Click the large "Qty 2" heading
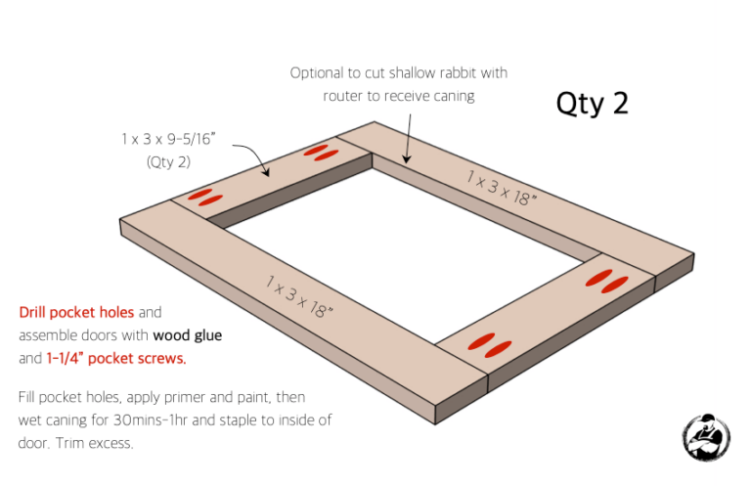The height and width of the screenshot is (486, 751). coord(592,104)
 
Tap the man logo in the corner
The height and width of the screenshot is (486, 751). coord(706,437)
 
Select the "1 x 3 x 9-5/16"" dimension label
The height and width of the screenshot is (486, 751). coord(168,139)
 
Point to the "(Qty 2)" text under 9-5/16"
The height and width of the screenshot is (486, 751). coord(168,162)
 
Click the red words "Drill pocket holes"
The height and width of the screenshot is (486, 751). coord(76,313)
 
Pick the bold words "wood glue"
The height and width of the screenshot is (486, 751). coord(188,335)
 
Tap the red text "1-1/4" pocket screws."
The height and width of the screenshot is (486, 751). coord(116,358)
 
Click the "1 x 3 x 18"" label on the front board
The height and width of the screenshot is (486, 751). coord(299,297)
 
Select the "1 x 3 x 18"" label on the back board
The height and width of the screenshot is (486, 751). coord(502,188)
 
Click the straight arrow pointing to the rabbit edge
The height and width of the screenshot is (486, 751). coord(408,139)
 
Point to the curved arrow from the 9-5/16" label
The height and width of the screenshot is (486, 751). coord(252,157)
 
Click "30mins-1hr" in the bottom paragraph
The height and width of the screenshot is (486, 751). coord(151,420)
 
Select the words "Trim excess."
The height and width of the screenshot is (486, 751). coord(94,443)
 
